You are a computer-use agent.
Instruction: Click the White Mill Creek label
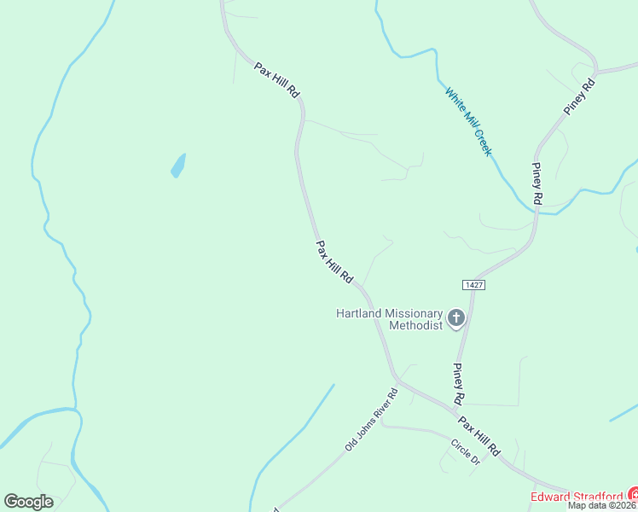pos(468,120)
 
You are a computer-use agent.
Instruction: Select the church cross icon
pos(456,319)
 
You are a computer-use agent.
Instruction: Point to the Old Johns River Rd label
pos(372,421)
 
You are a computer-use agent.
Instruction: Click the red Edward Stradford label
pos(577,497)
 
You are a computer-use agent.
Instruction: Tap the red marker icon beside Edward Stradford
pos(634,494)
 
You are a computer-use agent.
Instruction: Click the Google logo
pos(28,501)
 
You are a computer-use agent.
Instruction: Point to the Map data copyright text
pos(602,505)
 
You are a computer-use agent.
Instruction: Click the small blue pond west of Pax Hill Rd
pos(178,165)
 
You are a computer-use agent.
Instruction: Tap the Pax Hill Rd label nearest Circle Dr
pos(478,436)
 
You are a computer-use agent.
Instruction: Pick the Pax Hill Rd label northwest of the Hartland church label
pos(334,262)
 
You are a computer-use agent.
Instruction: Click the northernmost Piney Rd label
pos(578,96)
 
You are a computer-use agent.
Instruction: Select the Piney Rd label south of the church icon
pos(457,384)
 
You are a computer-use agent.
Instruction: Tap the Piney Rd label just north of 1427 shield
pos(537,183)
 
